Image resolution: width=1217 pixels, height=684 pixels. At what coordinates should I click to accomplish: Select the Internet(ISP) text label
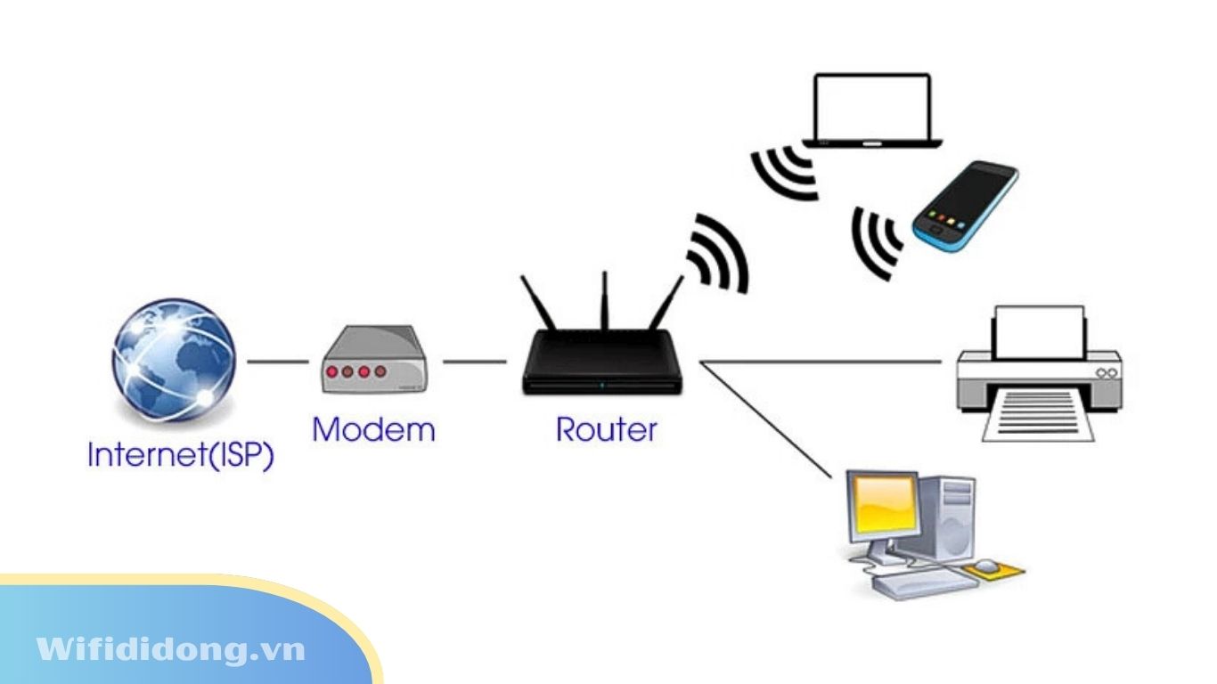pyautogui.click(x=180, y=455)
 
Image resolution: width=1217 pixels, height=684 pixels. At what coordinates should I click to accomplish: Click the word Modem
pyautogui.click(x=373, y=430)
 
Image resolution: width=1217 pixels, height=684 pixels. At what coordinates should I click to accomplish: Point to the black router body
pyautogui.click(x=603, y=363)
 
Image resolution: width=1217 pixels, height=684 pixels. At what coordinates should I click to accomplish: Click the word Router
pyautogui.click(x=606, y=429)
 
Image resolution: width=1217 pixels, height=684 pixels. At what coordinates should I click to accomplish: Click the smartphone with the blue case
pyautogui.click(x=964, y=207)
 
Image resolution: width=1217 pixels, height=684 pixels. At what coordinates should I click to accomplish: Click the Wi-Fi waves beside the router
pyautogui.click(x=718, y=253)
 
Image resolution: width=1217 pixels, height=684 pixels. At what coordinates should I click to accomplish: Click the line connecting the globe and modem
pyautogui.click(x=277, y=362)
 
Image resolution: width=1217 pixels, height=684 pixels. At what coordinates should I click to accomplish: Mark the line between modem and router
pyautogui.click(x=474, y=362)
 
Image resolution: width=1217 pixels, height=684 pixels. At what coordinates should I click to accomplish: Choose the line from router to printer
pyautogui.click(x=820, y=362)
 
